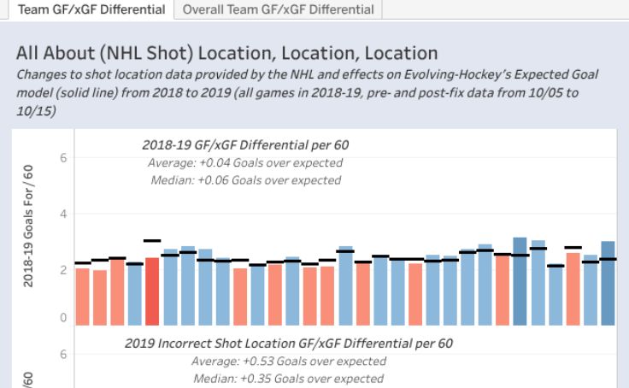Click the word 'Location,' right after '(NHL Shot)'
click(279, 53)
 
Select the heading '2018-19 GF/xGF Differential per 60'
click(245, 144)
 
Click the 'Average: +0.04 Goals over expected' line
click(245, 162)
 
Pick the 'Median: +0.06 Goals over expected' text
click(245, 180)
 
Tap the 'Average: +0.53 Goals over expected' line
click(288, 361)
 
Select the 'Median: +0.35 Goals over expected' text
click(288, 378)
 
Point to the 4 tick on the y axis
click(62, 214)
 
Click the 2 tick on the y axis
click(62, 270)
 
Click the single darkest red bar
click(152, 291)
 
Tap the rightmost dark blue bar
click(608, 283)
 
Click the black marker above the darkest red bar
click(152, 241)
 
